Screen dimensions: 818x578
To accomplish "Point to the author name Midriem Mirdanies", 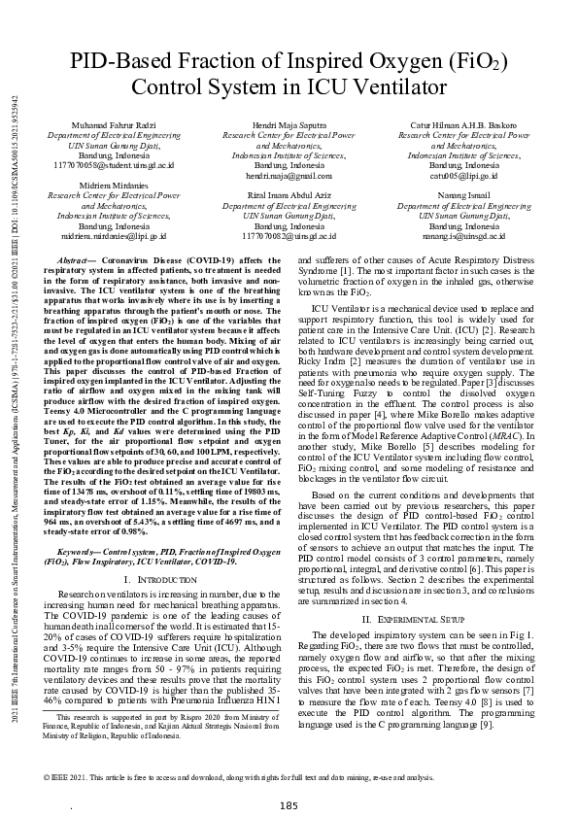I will (114, 186).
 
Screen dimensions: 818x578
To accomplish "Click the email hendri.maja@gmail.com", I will (289, 176).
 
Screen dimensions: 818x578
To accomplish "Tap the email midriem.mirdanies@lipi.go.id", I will (114, 234).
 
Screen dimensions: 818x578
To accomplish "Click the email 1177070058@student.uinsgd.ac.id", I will (114, 166).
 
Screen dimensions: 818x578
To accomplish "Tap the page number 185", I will (289, 778).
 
